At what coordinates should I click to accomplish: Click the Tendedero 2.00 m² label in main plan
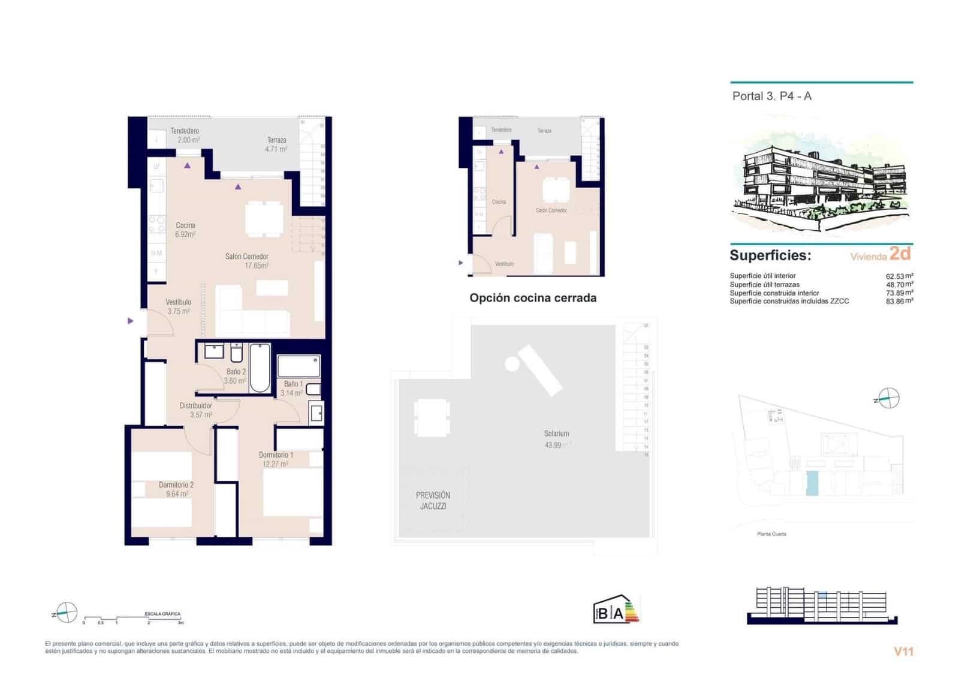[185, 135]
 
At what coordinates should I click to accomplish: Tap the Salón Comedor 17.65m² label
[246, 261]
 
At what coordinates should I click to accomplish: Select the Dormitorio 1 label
[276, 455]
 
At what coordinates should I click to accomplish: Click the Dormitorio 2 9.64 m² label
[176, 489]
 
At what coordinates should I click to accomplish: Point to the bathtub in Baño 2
[260, 367]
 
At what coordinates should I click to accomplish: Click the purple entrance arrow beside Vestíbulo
[131, 321]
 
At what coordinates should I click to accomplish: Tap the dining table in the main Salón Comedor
[264, 219]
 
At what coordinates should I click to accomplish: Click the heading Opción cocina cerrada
[533, 298]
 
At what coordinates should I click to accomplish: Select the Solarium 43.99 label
[556, 439]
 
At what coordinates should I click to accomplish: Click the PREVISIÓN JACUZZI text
[433, 501]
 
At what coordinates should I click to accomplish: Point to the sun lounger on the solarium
[539, 370]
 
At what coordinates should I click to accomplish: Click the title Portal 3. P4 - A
[771, 96]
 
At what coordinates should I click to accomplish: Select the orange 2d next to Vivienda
[900, 254]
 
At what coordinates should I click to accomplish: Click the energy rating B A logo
[616, 610]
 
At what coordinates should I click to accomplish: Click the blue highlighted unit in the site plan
[812, 483]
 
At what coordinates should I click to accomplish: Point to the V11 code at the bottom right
[903, 651]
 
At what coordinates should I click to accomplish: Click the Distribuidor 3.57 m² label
[196, 410]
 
